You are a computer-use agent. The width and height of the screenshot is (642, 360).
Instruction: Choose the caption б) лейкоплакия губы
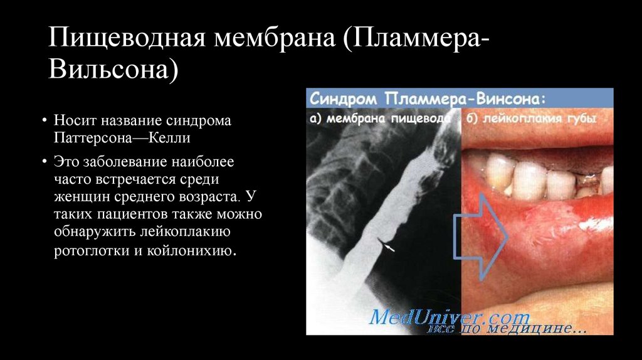(532, 118)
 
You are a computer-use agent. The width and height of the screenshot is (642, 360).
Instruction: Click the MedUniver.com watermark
(450, 316)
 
